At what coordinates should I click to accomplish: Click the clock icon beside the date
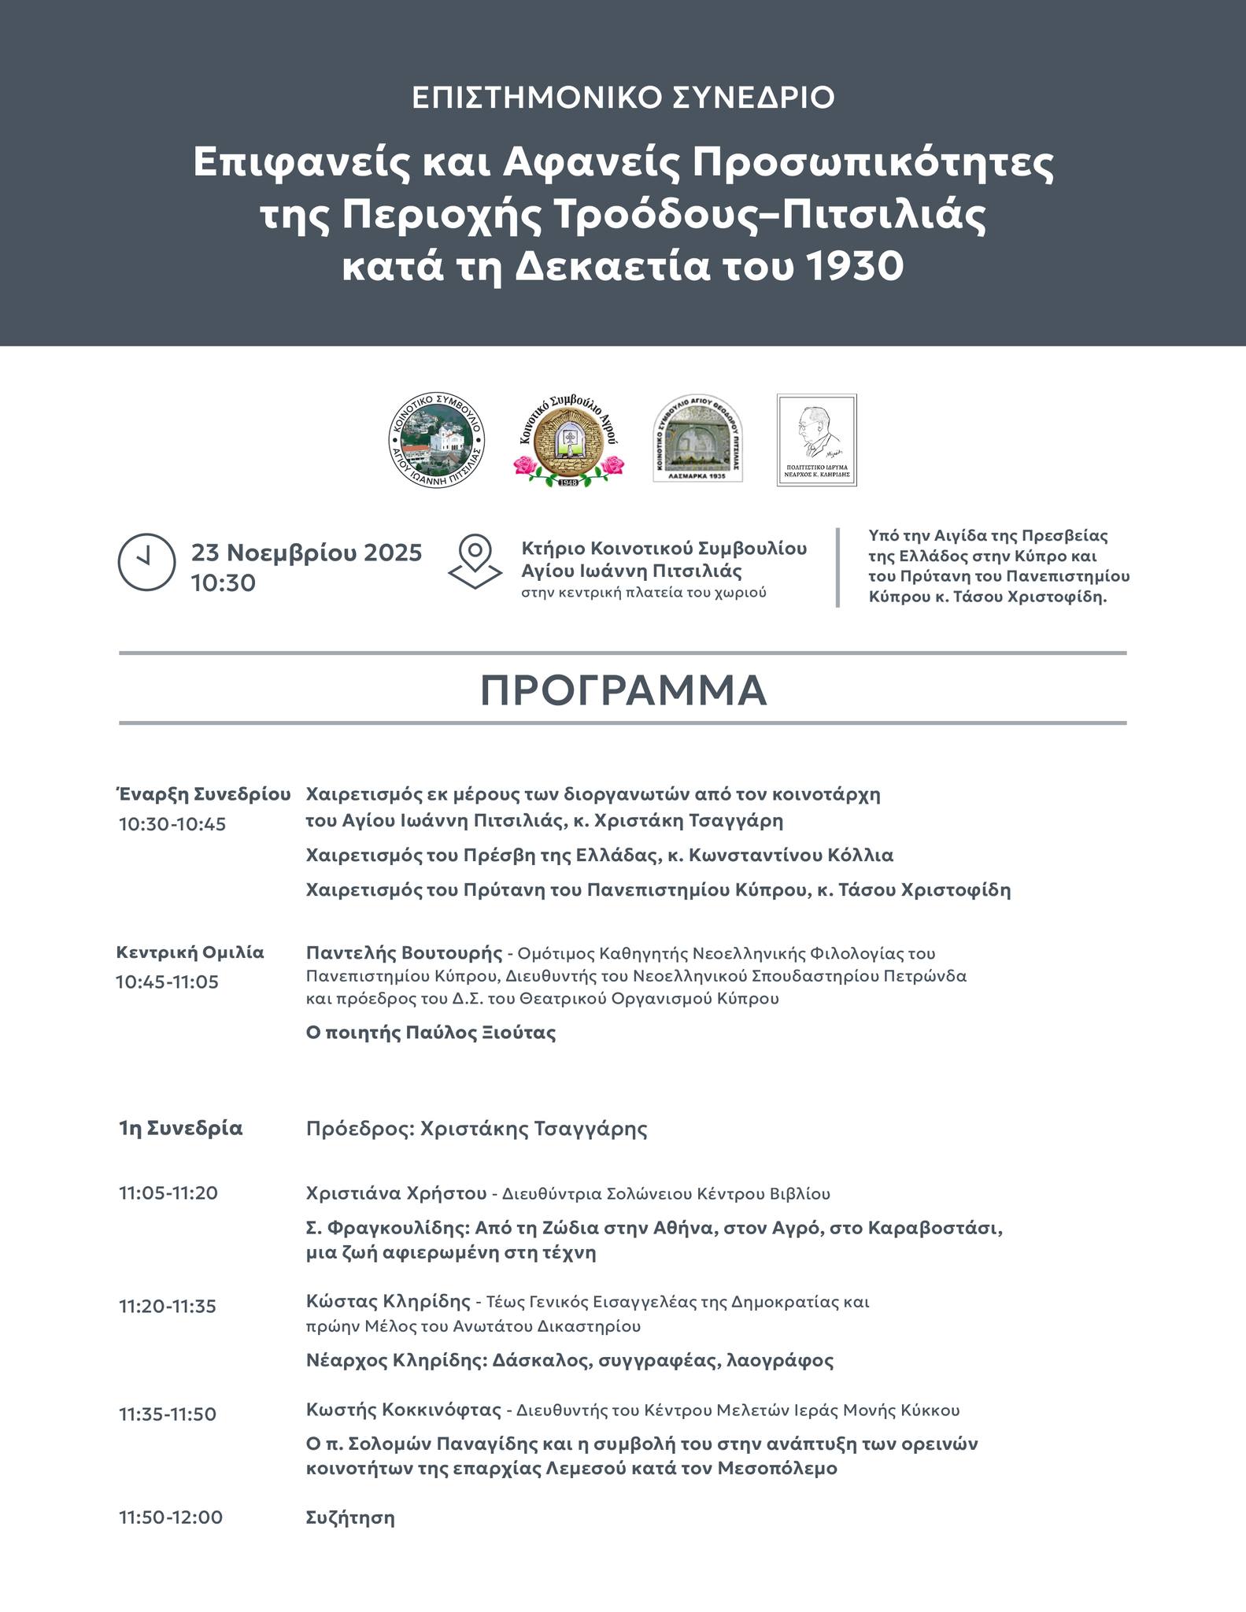(x=146, y=562)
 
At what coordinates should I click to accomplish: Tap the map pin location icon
(x=475, y=561)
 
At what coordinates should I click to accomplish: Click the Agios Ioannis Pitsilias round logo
(x=437, y=439)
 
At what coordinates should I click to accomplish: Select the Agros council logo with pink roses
(x=568, y=440)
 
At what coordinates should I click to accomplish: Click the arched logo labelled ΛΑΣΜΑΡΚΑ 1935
(x=698, y=438)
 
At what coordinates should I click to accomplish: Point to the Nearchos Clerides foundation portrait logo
(x=816, y=439)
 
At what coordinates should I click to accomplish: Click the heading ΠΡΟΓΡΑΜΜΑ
(x=623, y=690)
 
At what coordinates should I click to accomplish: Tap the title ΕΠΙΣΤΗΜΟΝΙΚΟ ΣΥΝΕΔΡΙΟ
(x=623, y=98)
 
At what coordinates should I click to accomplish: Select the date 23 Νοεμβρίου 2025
(x=306, y=553)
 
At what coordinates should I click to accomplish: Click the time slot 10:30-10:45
(x=172, y=824)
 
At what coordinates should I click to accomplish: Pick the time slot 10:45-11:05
(x=167, y=982)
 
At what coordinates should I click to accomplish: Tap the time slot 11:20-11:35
(x=168, y=1306)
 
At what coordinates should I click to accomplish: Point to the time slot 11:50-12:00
(x=171, y=1517)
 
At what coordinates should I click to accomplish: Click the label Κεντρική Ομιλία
(x=190, y=952)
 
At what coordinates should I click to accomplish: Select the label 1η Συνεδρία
(x=181, y=1128)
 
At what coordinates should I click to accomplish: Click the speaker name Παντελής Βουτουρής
(x=404, y=952)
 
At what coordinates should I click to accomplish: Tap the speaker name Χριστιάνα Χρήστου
(x=396, y=1192)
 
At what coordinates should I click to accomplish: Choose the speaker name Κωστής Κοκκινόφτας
(x=403, y=1409)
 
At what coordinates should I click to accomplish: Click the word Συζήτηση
(x=350, y=1517)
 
